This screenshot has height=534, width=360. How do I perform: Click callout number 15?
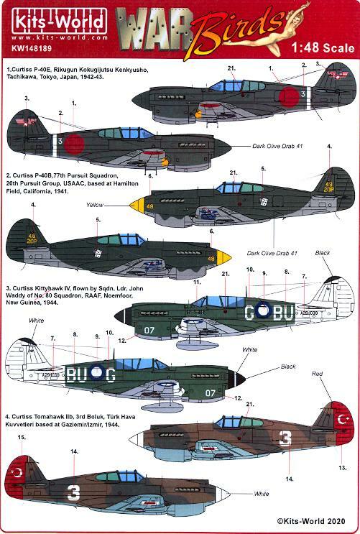coord(21,437)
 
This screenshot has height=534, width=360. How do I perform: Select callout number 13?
coord(341,468)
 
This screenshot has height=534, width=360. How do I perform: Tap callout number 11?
coord(196,282)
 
